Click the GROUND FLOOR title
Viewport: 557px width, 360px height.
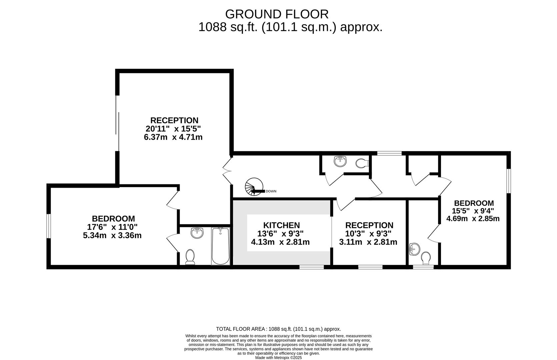[277, 14]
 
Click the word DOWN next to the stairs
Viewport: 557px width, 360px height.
[271, 191]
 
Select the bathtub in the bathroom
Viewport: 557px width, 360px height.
[221, 246]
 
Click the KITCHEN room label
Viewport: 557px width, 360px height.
[281, 225]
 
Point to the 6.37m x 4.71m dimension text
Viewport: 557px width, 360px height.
[173, 137]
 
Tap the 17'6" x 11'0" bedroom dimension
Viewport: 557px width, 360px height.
[112, 227]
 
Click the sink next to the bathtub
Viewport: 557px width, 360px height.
[197, 233]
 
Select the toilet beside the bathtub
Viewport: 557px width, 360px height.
[190, 257]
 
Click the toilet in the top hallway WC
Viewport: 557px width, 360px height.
[362, 163]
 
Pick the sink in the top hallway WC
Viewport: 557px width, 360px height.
[340, 161]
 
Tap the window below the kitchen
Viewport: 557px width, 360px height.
[312, 267]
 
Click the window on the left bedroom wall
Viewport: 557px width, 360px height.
[49, 226]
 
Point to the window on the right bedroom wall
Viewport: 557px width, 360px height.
[509, 181]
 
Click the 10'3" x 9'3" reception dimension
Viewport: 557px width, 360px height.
[368, 234]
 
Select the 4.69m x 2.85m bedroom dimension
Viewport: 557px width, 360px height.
[473, 219]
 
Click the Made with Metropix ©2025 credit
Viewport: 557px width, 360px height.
[279, 358]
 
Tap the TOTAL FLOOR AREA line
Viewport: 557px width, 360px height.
[279, 329]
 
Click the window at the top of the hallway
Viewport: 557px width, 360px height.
[389, 153]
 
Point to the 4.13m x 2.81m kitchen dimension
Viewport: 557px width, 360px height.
[280, 242]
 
